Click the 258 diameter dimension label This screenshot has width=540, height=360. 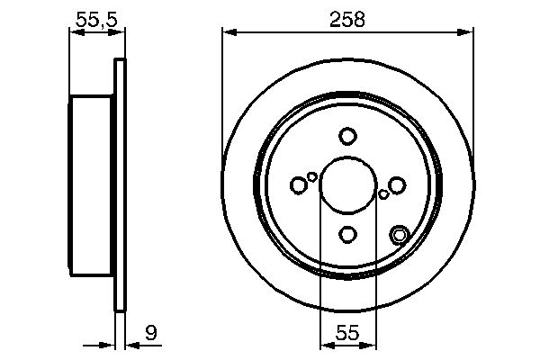pyautogui.click(x=347, y=19)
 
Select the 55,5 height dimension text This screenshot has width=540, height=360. pyautogui.click(x=95, y=18)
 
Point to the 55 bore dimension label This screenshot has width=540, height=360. pyautogui.click(x=347, y=334)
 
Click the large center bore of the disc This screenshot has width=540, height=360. pyautogui.click(x=348, y=185)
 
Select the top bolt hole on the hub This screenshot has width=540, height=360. pyautogui.click(x=348, y=136)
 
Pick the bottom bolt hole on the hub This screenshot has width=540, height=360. pyautogui.click(x=348, y=235)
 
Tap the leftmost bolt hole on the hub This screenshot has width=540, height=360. pyautogui.click(x=299, y=185)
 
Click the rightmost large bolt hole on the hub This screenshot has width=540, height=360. pyautogui.click(x=398, y=185)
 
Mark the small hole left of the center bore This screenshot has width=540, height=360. pyautogui.click(x=312, y=176)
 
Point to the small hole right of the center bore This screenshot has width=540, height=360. pyautogui.click(x=384, y=193)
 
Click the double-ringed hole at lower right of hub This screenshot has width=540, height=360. pyautogui.click(x=400, y=236)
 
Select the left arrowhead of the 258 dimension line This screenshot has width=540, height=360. pyautogui.click(x=228, y=32)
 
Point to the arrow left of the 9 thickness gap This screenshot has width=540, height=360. pyautogui.click(x=110, y=345)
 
